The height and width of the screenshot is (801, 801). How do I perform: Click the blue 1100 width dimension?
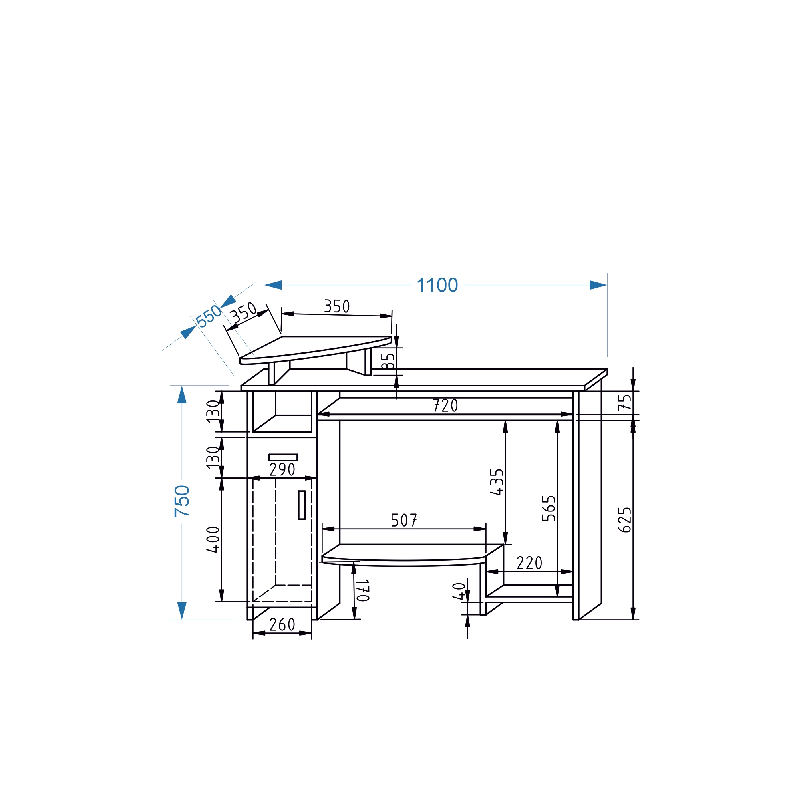pos(437,285)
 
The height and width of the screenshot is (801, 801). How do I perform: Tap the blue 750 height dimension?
pos(182,501)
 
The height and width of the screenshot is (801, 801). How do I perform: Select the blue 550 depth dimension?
pos(209,316)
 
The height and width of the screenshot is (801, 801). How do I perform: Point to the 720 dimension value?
pos(445,405)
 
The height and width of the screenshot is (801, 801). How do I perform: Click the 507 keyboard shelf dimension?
pos(404,520)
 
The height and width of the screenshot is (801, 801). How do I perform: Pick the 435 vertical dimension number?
pos(497,482)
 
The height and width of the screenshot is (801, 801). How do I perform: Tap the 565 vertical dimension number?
pos(549,508)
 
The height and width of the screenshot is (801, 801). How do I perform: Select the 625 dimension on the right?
pos(624,520)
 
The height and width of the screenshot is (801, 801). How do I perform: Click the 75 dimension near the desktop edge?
pos(624,402)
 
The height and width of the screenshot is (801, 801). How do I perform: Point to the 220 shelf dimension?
pos(529,563)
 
